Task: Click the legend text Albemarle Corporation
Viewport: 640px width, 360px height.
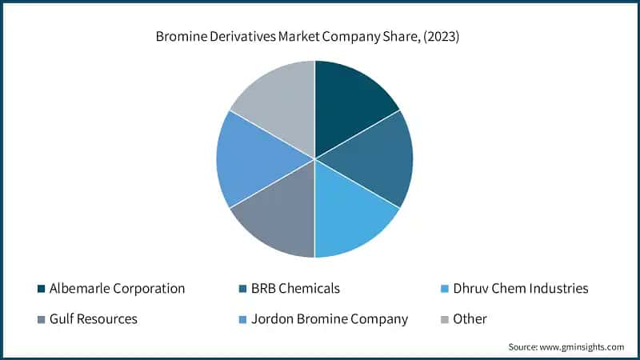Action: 117,288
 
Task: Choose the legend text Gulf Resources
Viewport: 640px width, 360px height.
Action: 93,319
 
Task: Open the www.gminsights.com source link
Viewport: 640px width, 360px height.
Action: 583,346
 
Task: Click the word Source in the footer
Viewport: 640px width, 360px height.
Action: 524,346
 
